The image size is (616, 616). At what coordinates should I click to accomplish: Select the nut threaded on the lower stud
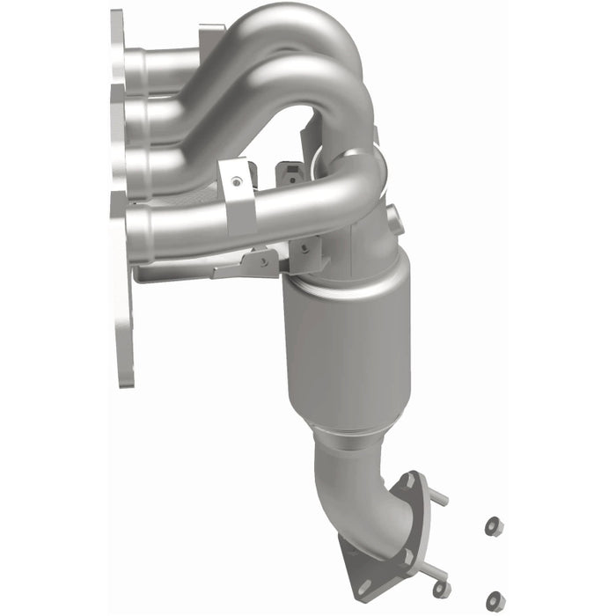[x=440, y=587]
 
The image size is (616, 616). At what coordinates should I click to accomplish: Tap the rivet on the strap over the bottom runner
[x=235, y=183]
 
